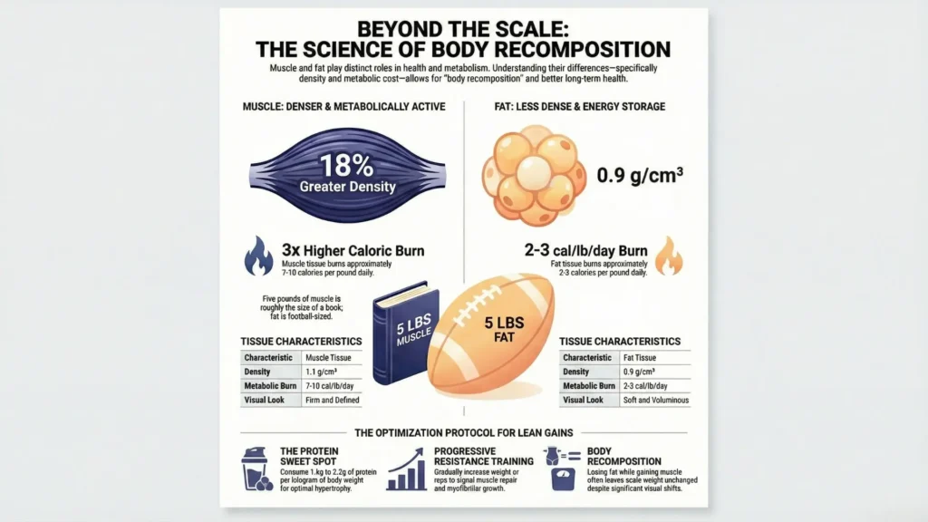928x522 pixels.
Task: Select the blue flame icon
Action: [258, 256]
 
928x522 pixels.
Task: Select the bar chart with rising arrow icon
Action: [407, 469]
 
